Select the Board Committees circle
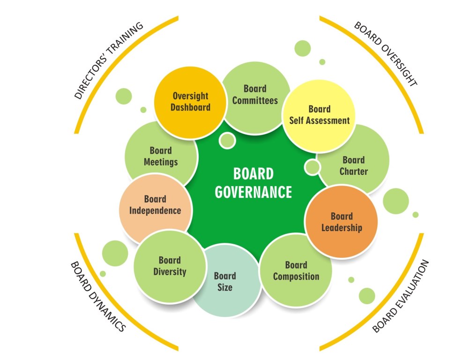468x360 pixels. (x=255, y=95)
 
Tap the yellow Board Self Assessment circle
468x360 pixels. (x=319, y=115)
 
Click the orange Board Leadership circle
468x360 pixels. (x=342, y=222)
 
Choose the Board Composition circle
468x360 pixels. (x=296, y=271)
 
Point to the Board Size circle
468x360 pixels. (x=225, y=281)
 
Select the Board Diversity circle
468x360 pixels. (x=170, y=266)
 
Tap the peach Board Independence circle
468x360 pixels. (x=155, y=205)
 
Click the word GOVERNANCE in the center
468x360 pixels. (x=253, y=192)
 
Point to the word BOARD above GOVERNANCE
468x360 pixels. (x=253, y=174)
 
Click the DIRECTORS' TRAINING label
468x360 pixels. (x=109, y=61)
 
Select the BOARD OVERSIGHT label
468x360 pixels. (x=385, y=53)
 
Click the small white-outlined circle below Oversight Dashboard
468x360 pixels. (x=227, y=140)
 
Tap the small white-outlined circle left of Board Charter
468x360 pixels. (x=312, y=166)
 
